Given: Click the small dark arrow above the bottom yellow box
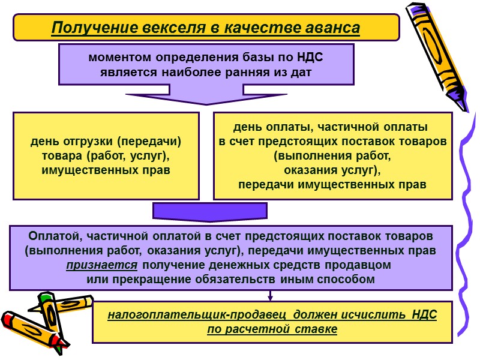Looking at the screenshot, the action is pos(271,295).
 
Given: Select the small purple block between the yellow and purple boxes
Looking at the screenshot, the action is pos(210,211).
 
